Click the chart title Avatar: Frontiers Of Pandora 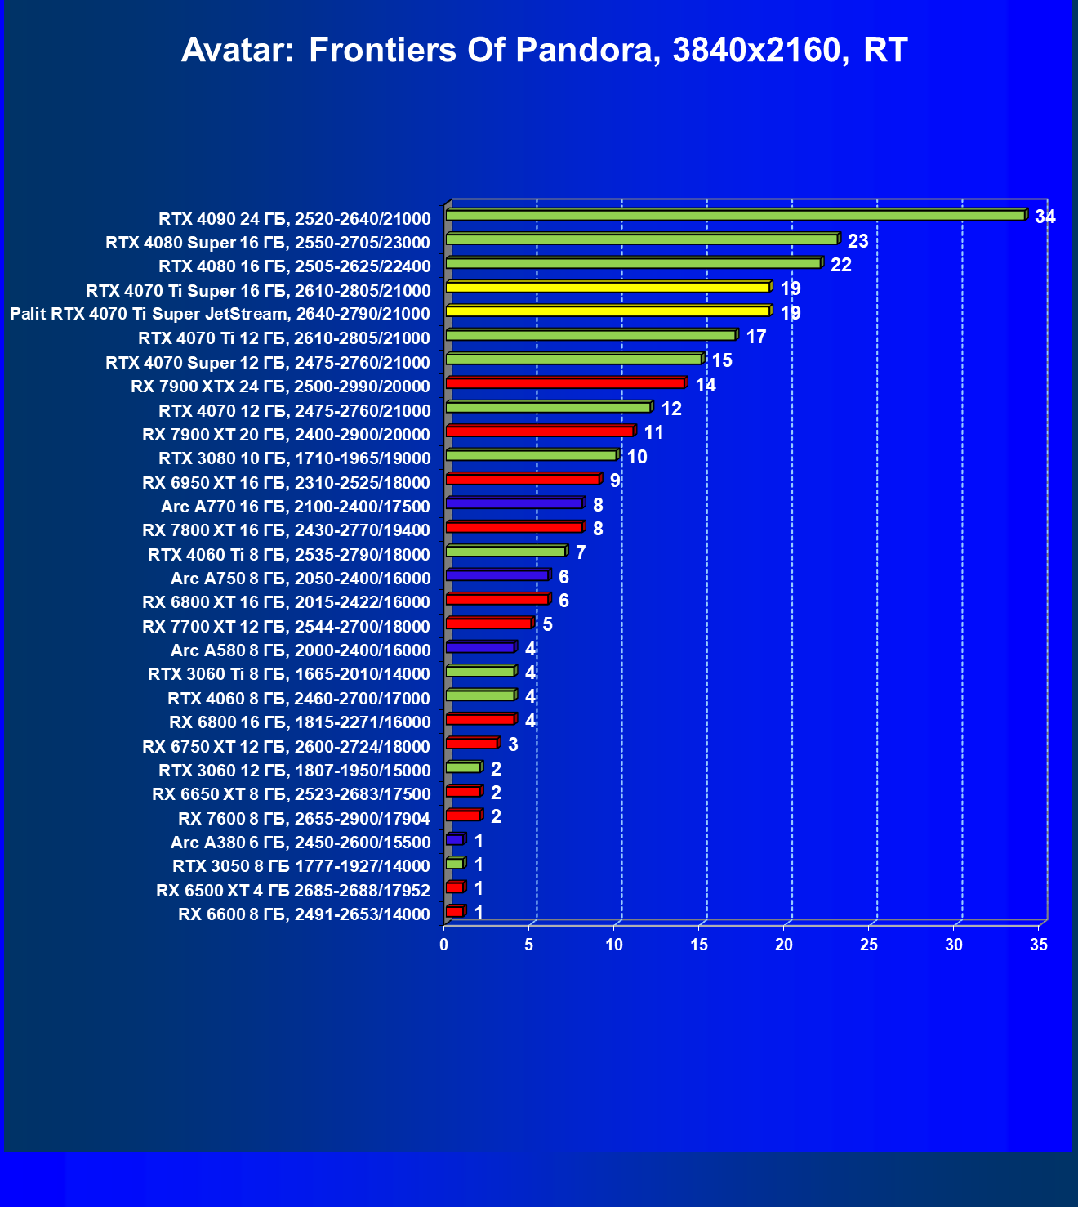tap(544, 51)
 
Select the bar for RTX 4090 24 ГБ tap(735, 215)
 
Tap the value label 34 tap(1045, 217)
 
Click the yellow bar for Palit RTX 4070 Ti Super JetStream tap(608, 311)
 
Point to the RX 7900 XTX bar tap(565, 383)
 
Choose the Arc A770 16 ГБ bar tap(514, 503)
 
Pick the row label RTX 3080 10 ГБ tap(294, 458)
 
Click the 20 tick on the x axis tap(784, 945)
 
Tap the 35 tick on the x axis tap(1039, 945)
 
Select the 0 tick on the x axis tap(444, 945)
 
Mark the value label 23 tap(857, 241)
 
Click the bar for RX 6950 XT tap(523, 479)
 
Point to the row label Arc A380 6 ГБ tap(300, 843)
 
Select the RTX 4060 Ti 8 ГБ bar tap(506, 551)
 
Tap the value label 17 tap(755, 337)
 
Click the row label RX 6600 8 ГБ tap(304, 914)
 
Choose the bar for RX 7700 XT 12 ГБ tap(488, 624)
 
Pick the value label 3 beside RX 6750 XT tap(513, 744)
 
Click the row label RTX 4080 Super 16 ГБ tap(268, 243)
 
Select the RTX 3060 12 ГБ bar tap(463, 767)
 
